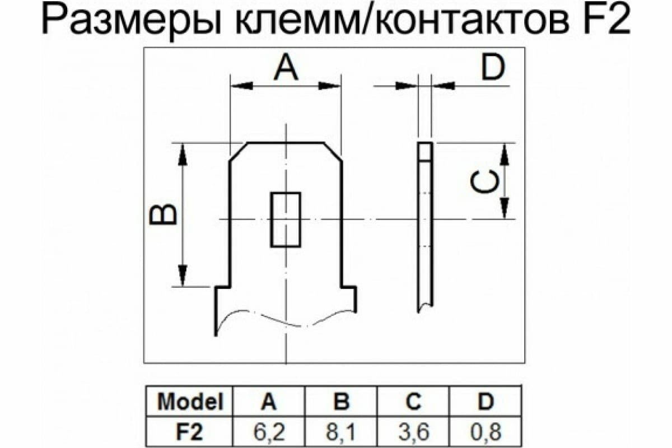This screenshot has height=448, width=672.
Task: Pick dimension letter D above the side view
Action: (x=493, y=68)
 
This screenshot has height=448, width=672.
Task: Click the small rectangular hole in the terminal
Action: (x=286, y=220)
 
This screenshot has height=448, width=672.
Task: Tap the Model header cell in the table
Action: (x=190, y=402)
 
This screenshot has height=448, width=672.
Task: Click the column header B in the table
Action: (x=342, y=402)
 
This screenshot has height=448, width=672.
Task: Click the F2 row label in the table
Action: (x=190, y=432)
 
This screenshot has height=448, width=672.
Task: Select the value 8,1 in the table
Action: (x=342, y=432)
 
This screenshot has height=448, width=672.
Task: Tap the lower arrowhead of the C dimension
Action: (x=505, y=207)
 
